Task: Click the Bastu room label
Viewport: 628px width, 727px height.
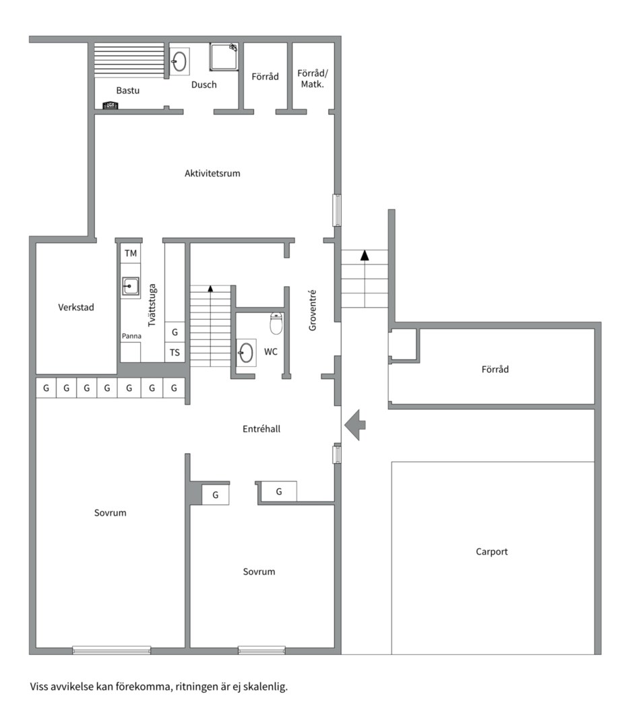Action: pyautogui.click(x=127, y=90)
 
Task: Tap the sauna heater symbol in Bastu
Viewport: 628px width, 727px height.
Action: pyautogui.click(x=111, y=106)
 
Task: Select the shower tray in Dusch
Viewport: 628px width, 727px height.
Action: pyautogui.click(x=224, y=57)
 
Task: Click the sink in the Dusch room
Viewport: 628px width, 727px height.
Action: pyautogui.click(x=179, y=61)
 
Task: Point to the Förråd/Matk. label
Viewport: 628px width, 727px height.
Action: pyautogui.click(x=313, y=79)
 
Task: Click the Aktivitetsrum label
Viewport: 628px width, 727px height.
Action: pyautogui.click(x=212, y=174)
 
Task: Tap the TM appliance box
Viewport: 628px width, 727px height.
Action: pyautogui.click(x=131, y=253)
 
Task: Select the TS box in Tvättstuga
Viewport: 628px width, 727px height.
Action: pyautogui.click(x=175, y=352)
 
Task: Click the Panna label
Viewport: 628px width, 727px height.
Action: pyautogui.click(x=131, y=336)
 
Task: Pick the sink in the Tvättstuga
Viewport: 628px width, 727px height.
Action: pyautogui.click(x=131, y=287)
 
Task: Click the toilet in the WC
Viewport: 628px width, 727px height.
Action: pyautogui.click(x=276, y=323)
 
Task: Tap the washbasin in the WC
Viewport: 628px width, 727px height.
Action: pyautogui.click(x=246, y=353)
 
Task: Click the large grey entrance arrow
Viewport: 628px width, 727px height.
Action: pyautogui.click(x=354, y=425)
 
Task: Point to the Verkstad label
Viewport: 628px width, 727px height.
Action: pyautogui.click(x=76, y=308)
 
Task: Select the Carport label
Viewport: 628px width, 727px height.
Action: pyautogui.click(x=491, y=552)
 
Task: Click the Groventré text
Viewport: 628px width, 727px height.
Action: pyautogui.click(x=313, y=310)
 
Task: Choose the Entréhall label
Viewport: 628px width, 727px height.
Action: pyautogui.click(x=261, y=429)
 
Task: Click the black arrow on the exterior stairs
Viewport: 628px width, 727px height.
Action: pyautogui.click(x=365, y=255)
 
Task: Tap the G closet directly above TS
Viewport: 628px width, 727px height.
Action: pyautogui.click(x=175, y=332)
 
